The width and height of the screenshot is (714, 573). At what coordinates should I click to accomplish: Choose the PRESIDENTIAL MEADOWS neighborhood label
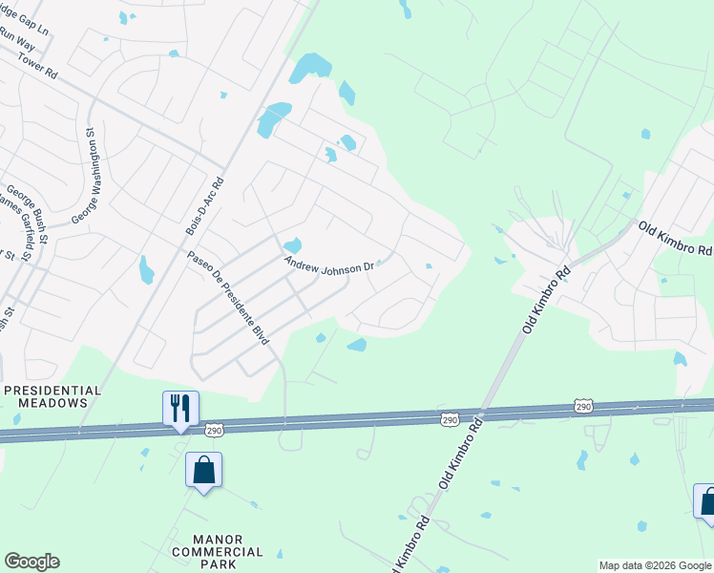[52, 396]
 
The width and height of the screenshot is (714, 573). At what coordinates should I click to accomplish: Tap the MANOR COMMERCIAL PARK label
[217, 551]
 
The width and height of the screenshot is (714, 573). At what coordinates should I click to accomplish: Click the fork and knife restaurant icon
[180, 408]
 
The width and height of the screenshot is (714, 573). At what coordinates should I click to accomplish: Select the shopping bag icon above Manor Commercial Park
[204, 469]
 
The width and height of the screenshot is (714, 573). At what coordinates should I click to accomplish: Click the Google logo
[31, 562]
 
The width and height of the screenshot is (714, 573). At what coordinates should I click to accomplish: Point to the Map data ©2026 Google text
[655, 565]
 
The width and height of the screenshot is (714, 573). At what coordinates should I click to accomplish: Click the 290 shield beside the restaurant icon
[215, 431]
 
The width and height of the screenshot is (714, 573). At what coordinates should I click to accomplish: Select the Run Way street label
[15, 43]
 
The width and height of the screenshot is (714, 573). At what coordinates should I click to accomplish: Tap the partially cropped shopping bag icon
[706, 500]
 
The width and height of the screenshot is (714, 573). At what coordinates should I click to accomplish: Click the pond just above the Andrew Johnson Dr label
[292, 245]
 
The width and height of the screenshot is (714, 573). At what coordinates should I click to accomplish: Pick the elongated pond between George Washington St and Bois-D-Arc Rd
[146, 270]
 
